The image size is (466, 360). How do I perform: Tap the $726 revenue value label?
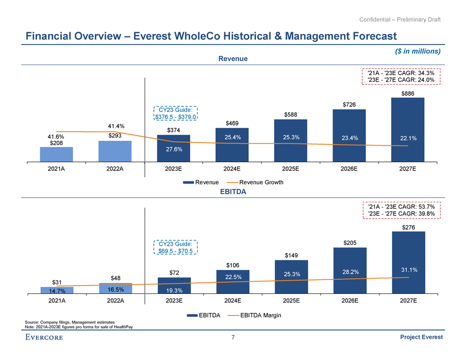(349, 104)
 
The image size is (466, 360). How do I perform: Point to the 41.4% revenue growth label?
(115, 126)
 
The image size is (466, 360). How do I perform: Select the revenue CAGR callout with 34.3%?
(401, 76)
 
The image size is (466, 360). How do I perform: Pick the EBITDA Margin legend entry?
(256, 316)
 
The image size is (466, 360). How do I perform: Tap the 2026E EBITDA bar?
(349, 269)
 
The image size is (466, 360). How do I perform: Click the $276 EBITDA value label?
(408, 227)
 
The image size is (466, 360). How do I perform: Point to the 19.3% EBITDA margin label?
(174, 290)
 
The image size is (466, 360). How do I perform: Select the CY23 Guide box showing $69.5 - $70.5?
(175, 247)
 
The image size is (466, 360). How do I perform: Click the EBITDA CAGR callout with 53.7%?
(401, 210)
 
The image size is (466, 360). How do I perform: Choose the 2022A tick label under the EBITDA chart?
(115, 301)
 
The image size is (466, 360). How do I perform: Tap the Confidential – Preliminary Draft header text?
(400, 20)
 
